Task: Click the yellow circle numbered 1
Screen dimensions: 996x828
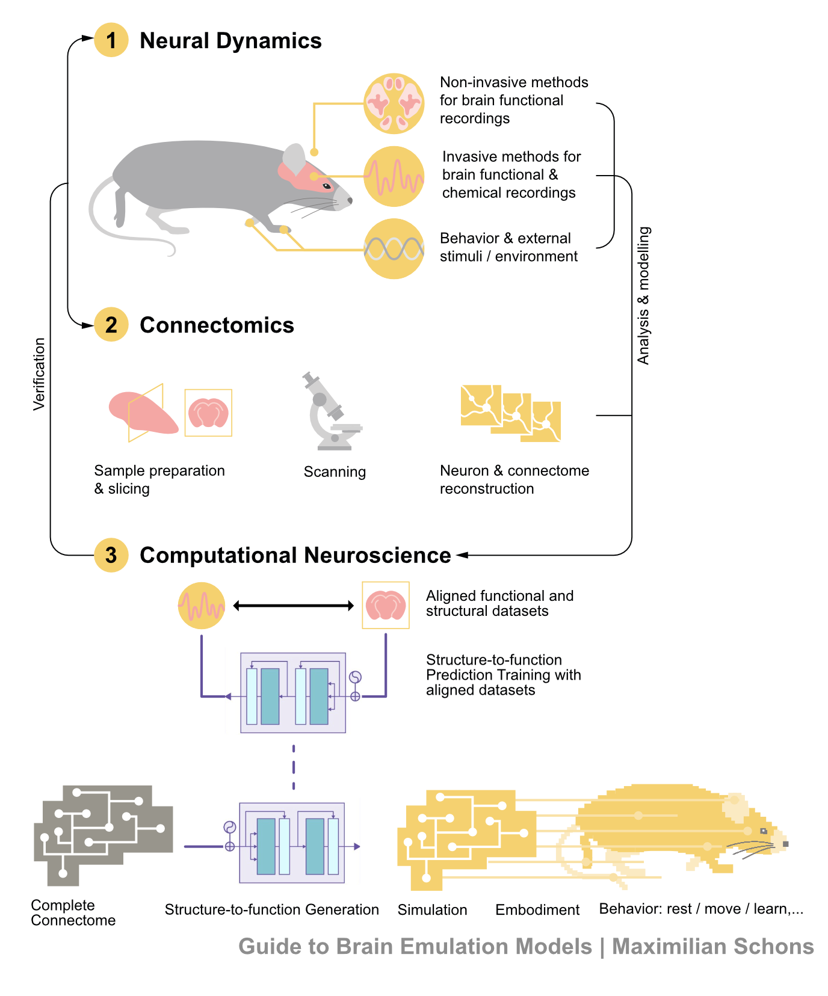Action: pos(111,40)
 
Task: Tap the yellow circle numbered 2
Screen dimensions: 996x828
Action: pos(111,325)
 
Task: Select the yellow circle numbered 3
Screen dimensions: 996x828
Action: pos(111,555)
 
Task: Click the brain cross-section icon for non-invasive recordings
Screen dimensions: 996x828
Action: pos(394,103)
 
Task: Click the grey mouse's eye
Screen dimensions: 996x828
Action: pos(327,186)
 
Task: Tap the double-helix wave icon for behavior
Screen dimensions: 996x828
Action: pos(394,249)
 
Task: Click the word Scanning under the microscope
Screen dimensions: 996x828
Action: pos(335,472)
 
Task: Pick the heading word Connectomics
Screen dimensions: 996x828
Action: pos(217,325)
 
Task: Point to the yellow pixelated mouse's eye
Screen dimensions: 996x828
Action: pos(764,831)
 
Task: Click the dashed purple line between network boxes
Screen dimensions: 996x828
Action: pos(294,767)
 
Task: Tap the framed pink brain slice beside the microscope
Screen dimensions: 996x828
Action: pos(208,413)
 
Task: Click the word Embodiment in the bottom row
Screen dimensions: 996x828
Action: pos(538,909)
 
